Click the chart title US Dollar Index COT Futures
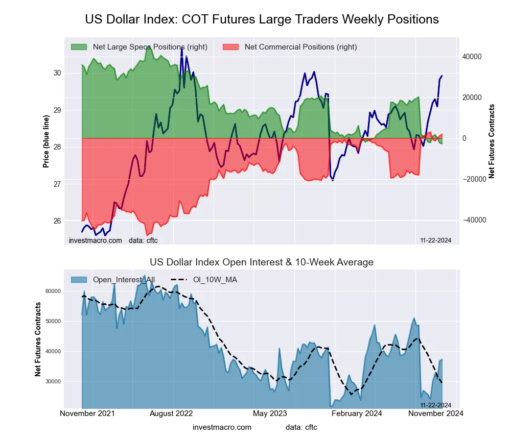click(262, 19)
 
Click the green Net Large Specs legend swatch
click(79, 47)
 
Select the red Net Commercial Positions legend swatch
click(230, 47)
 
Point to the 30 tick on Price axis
click(57, 73)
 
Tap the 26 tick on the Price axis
click(57, 221)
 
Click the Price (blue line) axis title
click(47, 141)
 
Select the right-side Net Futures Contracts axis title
click(492, 141)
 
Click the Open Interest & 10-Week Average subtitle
click(262, 262)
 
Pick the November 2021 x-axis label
click(87, 413)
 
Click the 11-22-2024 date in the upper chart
click(435, 240)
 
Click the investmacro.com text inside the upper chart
click(96, 240)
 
